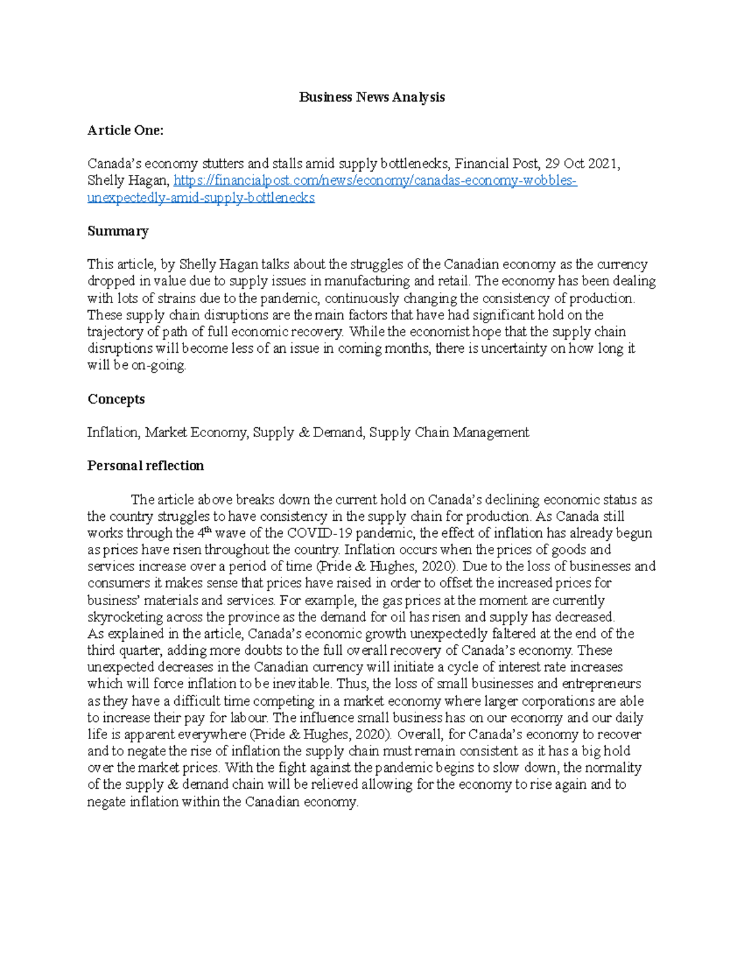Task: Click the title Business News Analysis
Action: [371, 97]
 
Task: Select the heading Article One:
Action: [125, 130]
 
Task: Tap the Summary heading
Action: [118, 231]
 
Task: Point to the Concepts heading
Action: [116, 399]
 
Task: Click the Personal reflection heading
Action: [146, 466]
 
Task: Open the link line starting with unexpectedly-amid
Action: [201, 198]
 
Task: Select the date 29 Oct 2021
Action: [581, 164]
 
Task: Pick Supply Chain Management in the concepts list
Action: [449, 432]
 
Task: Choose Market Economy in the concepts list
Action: [196, 432]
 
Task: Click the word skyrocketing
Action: [125, 617]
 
